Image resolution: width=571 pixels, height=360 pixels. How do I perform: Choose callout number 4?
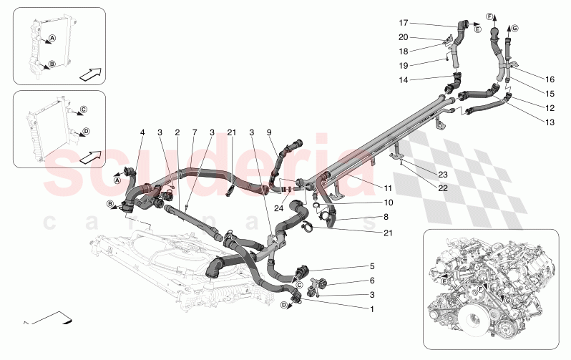click(x=142, y=132)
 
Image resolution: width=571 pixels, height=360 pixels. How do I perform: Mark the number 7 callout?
click(x=194, y=132)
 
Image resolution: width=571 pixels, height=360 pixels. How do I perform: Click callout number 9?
click(x=269, y=132)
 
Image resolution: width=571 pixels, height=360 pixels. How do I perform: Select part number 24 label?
click(x=278, y=208)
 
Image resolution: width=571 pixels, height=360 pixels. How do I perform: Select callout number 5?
click(x=371, y=266)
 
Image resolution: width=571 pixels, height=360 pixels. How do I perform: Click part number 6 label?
click(x=371, y=281)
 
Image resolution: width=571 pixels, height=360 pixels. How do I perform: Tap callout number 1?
click(x=371, y=309)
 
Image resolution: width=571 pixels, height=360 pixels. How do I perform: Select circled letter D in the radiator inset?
click(x=85, y=131)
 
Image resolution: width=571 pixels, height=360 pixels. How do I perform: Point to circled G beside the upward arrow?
click(x=514, y=28)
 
